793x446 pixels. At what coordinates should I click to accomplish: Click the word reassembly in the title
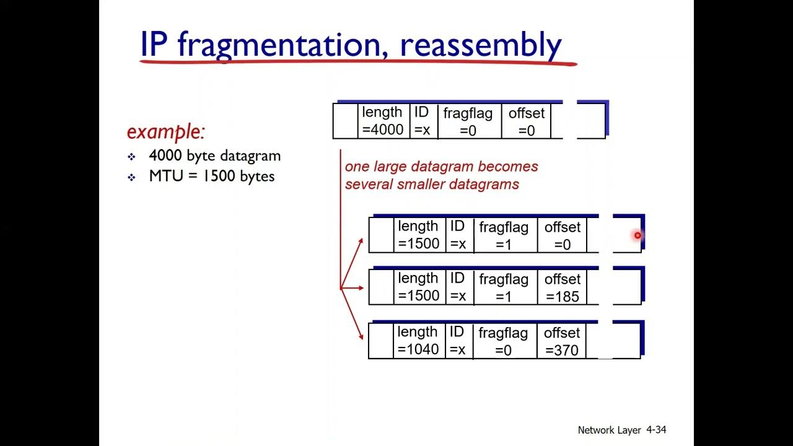481,45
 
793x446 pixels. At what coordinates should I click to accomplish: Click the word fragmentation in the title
282,45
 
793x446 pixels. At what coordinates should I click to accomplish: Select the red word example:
165,131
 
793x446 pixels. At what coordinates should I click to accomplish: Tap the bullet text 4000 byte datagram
214,155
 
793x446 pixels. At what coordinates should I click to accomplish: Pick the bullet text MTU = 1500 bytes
211,176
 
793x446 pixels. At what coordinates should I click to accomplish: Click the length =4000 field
383,121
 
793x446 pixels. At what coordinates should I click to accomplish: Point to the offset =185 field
562,288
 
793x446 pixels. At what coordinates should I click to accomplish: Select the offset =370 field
561,341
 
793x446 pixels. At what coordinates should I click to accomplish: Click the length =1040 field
418,341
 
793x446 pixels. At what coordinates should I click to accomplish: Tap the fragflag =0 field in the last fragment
503,341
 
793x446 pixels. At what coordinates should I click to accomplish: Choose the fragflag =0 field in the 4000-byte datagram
468,121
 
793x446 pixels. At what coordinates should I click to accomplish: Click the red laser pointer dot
637,235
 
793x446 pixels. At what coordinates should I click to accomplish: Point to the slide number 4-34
656,429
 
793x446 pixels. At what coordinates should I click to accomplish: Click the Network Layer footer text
609,430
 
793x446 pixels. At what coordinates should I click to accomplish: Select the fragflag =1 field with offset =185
504,288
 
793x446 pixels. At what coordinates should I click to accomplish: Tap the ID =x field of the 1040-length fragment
457,341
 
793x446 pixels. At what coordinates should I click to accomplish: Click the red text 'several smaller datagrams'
432,184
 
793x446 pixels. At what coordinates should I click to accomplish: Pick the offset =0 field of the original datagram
526,121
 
